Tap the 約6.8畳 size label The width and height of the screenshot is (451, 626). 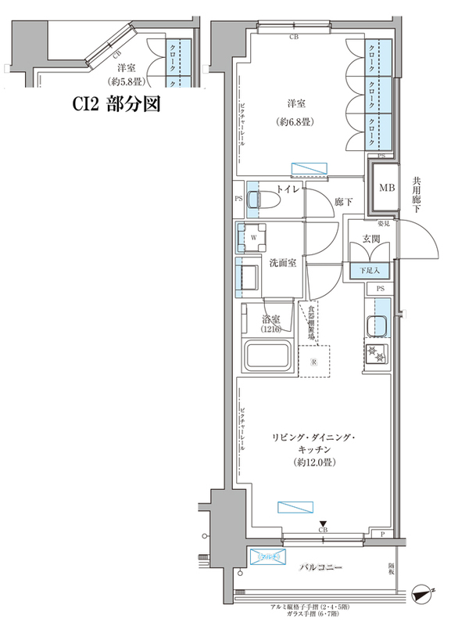point(295,122)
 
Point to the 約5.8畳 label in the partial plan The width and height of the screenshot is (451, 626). point(124,81)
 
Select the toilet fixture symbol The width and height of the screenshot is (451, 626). point(259,200)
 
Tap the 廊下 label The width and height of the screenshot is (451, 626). point(343,203)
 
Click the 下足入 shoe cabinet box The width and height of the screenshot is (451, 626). point(370,271)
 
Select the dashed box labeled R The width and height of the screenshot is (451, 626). point(313,362)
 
